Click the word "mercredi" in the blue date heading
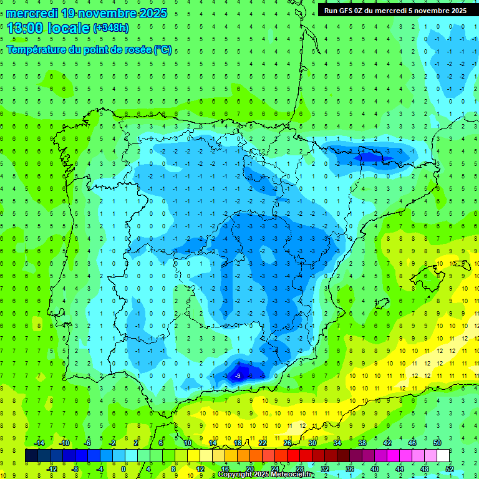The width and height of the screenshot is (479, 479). point(32,13)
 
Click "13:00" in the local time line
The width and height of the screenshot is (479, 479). point(24,27)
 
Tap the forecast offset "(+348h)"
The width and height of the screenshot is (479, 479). point(110,28)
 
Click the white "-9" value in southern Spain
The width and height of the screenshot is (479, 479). point(237,375)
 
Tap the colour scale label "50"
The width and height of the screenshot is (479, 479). point(437,443)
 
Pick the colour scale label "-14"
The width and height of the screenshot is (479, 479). point(39,443)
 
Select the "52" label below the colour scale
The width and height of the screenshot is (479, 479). point(449,469)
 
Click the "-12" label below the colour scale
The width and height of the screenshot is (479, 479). point(51,469)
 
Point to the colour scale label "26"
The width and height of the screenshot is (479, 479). point(288,443)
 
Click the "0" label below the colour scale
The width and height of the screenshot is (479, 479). point(123,469)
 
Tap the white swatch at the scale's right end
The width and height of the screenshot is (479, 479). point(443,456)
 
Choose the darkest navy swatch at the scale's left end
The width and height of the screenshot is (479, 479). point(32,456)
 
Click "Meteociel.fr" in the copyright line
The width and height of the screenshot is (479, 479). point(293,475)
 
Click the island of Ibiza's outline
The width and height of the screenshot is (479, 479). point(380,302)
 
